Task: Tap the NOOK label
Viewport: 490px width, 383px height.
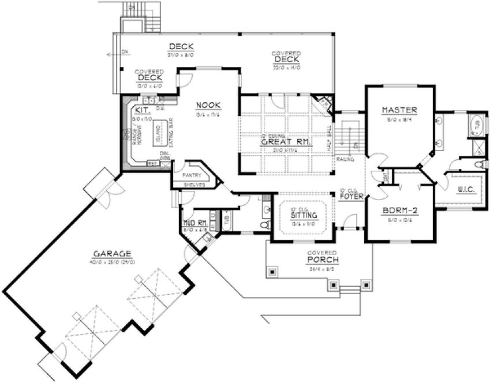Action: click(206, 105)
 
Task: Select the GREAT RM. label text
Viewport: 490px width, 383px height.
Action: click(286, 141)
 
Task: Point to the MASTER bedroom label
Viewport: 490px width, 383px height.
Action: click(399, 110)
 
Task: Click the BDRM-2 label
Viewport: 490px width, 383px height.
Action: click(399, 211)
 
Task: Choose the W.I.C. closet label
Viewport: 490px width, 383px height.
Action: click(466, 189)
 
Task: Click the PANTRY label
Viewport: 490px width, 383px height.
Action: click(191, 174)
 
